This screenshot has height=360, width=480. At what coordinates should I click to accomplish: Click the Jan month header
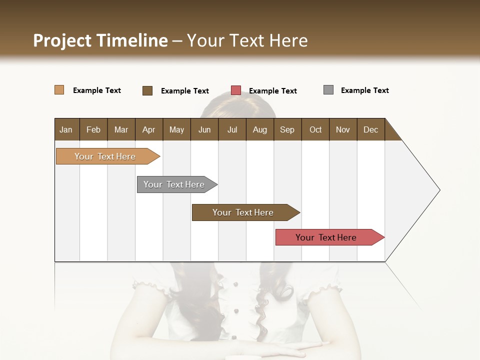pyautogui.click(x=66, y=129)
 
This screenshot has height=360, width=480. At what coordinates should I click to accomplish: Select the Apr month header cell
pyautogui.click(x=149, y=129)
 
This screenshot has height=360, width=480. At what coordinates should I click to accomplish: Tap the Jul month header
pyautogui.click(x=232, y=129)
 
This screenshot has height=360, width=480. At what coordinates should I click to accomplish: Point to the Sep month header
pyautogui.click(x=287, y=129)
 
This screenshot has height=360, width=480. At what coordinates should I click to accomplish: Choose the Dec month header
pyautogui.click(x=370, y=129)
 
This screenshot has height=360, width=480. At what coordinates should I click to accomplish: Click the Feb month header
pyautogui.click(x=93, y=129)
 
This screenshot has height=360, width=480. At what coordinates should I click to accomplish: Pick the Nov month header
pyautogui.click(x=343, y=129)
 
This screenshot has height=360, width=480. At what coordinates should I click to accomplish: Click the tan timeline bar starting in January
pyautogui.click(x=105, y=156)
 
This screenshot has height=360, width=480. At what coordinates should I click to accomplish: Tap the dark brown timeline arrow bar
pyautogui.click(x=243, y=212)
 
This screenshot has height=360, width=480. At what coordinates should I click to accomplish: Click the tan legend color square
pyautogui.click(x=59, y=90)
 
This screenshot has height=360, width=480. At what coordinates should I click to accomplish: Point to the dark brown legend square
pyautogui.click(x=147, y=90)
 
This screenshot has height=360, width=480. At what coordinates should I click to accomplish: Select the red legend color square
pyautogui.click(x=236, y=90)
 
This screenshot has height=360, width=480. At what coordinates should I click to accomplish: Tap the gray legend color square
pyautogui.click(x=328, y=90)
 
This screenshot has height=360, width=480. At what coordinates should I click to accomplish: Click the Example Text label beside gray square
pyautogui.click(x=364, y=90)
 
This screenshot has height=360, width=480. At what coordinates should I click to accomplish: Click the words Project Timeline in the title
pyautogui.click(x=100, y=40)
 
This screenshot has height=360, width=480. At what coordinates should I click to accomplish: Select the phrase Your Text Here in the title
pyautogui.click(x=247, y=40)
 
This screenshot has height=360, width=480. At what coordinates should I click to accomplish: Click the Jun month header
pyautogui.click(x=204, y=129)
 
